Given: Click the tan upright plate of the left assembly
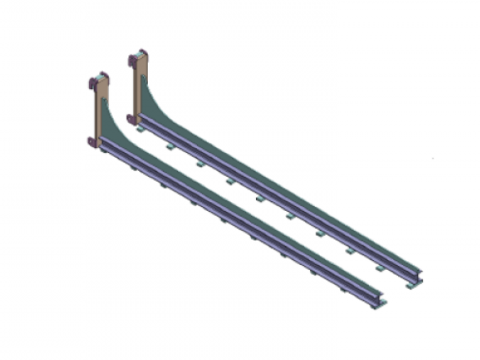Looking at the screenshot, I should click(x=95, y=110).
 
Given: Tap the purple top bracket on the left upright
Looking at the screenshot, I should click(x=99, y=81).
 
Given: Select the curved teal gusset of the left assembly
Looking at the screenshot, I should click(x=111, y=131).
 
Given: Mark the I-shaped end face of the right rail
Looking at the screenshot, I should click(x=418, y=278).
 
